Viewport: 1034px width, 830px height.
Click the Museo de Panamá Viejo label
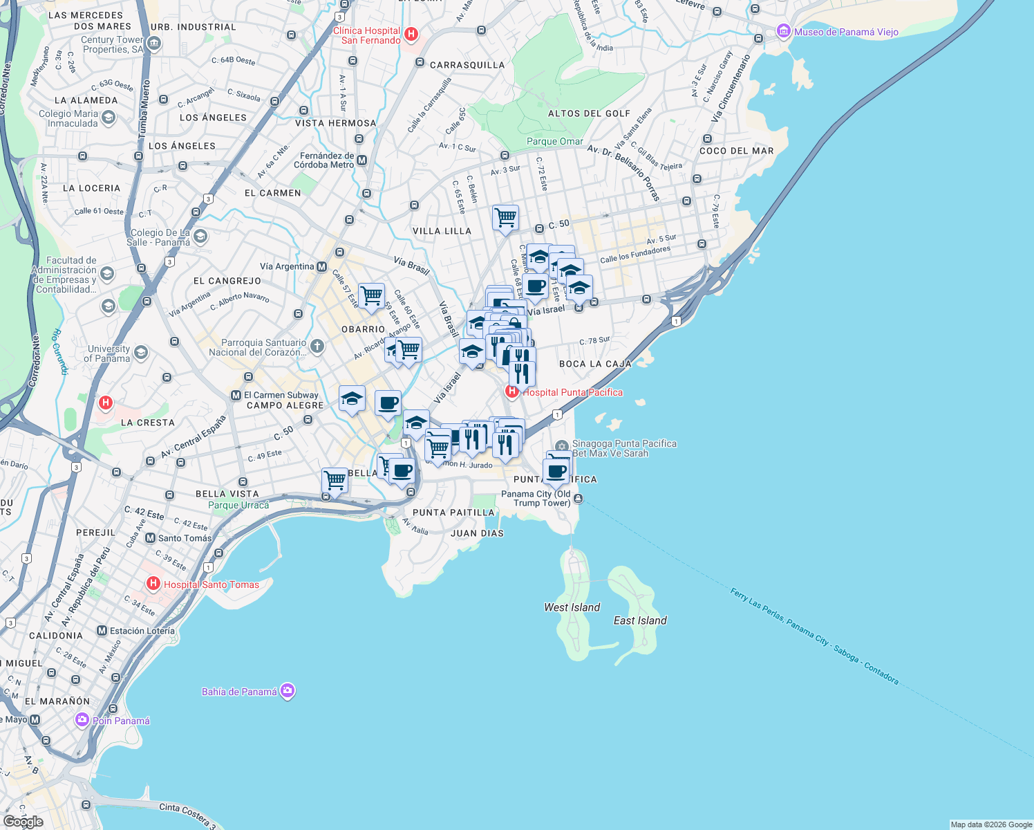[846, 32]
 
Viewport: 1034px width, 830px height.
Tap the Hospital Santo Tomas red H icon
[153, 584]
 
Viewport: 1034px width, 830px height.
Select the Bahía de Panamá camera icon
[288, 691]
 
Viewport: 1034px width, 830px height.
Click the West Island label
[572, 607]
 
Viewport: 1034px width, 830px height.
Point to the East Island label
[640, 620]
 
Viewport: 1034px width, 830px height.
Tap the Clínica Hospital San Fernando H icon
[411, 34]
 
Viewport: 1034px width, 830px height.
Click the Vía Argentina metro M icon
[321, 266]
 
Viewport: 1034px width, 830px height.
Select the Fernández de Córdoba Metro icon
[361, 160]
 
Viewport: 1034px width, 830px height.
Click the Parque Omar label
[555, 141]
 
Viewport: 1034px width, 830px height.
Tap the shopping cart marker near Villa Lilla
[505, 218]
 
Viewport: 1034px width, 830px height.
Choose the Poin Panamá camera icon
[82, 720]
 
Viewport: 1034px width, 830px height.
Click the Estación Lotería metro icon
[102, 631]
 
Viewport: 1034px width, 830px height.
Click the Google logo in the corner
[23, 821]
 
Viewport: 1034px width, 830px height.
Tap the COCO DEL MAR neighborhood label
[736, 151]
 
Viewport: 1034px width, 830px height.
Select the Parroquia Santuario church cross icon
[317, 346]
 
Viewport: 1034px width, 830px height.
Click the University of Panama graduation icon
[140, 353]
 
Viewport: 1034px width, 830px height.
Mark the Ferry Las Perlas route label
[814, 636]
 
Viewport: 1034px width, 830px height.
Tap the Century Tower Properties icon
[153, 44]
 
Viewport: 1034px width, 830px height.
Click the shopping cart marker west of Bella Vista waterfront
[335, 479]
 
